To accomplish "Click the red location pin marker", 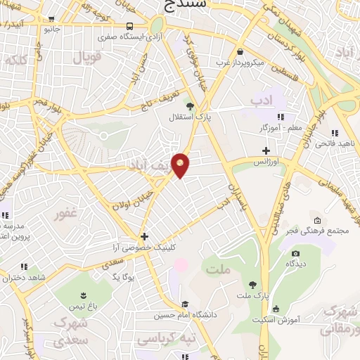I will tap(181, 165).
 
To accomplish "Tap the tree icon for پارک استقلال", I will tap(190, 106).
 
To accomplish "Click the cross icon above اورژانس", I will tap(266, 150).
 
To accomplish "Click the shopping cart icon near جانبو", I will tap(51, 19).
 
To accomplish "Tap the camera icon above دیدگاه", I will tap(295, 253).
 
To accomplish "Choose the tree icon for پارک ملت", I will tap(252, 285).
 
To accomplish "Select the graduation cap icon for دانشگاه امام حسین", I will tap(185, 304).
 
